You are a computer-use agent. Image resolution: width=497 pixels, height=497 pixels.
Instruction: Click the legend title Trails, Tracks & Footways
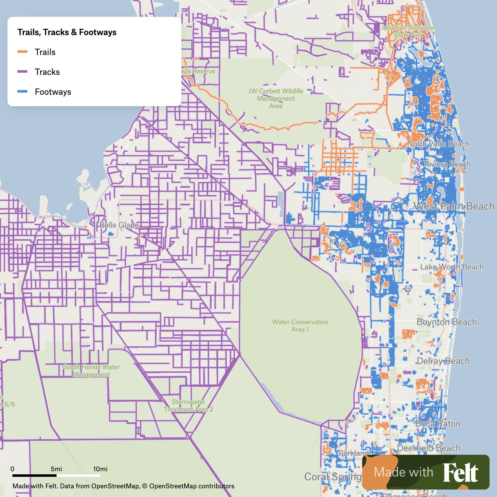pyautogui.click(x=67, y=32)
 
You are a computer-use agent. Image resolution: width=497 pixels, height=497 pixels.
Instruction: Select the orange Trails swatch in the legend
pyautogui.click(x=22, y=52)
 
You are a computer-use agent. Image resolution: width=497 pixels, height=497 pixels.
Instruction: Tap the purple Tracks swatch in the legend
pyautogui.click(x=22, y=72)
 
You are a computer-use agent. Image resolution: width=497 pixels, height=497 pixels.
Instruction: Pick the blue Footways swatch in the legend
pyautogui.click(x=22, y=92)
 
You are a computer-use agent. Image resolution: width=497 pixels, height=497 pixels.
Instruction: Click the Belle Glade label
pyautogui.click(x=119, y=225)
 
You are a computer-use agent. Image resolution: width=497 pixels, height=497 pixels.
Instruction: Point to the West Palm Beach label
pyautogui.click(x=454, y=206)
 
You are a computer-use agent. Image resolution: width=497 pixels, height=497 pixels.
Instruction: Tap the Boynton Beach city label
pyautogui.click(x=447, y=322)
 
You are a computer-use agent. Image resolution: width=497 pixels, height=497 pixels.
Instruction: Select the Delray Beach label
pyautogui.click(x=443, y=361)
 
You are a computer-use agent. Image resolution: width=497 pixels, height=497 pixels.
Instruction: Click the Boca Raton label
pyautogui.click(x=438, y=423)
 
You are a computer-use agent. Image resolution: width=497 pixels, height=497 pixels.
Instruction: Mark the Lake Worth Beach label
pyautogui.click(x=452, y=267)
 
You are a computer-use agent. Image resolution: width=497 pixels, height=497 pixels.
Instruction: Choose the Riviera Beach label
pyautogui.click(x=447, y=164)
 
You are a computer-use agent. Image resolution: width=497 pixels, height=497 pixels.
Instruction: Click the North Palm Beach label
pyautogui.click(x=438, y=144)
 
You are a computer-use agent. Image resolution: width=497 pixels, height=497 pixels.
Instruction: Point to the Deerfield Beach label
pyautogui.click(x=429, y=448)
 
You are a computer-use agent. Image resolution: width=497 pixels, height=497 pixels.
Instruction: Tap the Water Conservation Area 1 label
pyautogui.click(x=300, y=326)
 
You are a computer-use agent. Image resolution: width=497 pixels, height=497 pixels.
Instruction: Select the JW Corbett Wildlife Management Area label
pyautogui.click(x=276, y=98)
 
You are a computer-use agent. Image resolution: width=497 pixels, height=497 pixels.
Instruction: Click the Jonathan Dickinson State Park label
pyautogui.click(x=408, y=31)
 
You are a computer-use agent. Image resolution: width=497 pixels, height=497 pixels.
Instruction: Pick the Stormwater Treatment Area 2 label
pyautogui.click(x=188, y=406)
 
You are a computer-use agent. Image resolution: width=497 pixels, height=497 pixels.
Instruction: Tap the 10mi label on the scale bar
pyautogui.click(x=100, y=469)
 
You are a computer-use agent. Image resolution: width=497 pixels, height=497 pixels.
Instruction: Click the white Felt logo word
pyautogui.click(x=460, y=472)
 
